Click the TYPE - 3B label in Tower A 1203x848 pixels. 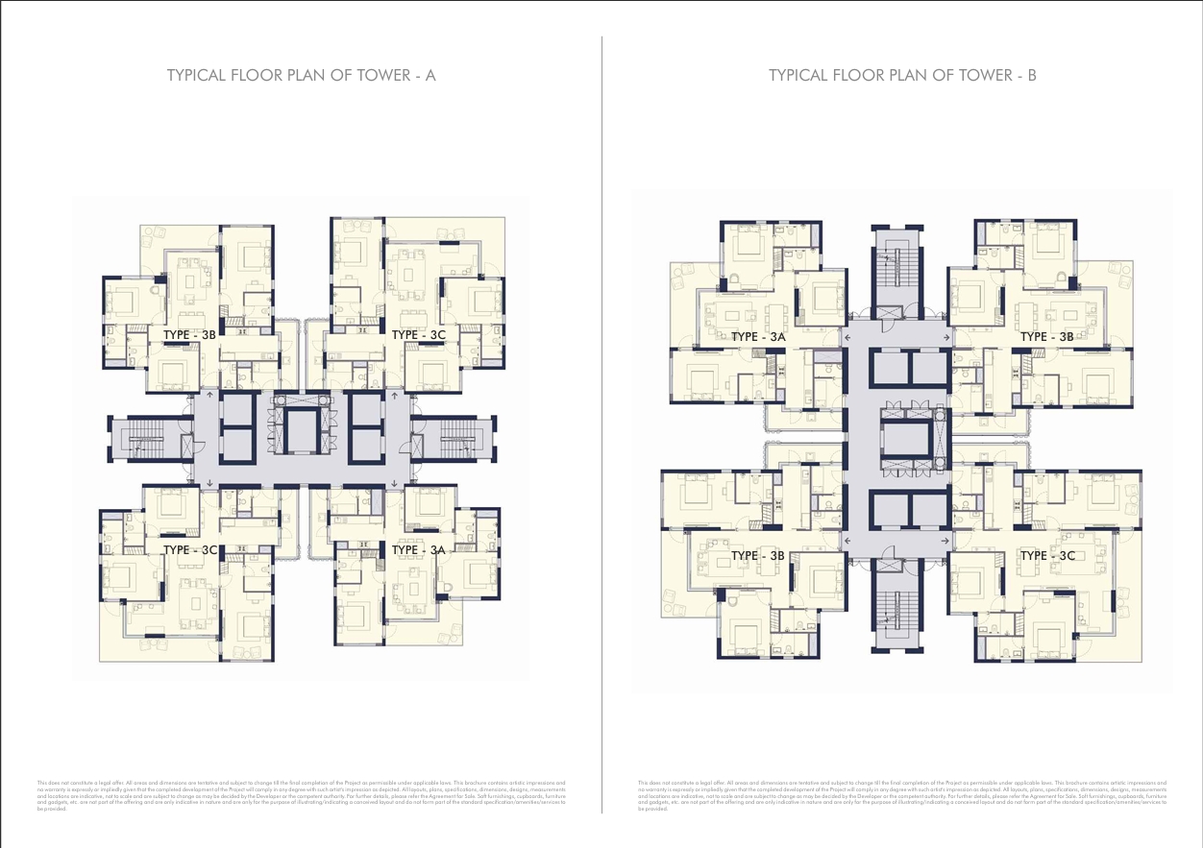pos(189,334)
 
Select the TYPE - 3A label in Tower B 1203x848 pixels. pos(758,337)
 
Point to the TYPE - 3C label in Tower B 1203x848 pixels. pos(1046,556)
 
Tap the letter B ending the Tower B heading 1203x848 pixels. pos(1032,76)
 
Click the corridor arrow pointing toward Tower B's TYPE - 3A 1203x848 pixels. pos(847,338)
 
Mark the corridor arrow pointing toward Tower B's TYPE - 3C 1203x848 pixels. pos(947,543)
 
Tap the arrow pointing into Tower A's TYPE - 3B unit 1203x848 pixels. pos(210,394)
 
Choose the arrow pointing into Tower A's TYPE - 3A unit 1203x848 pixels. pos(393,483)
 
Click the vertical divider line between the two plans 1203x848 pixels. pos(601,423)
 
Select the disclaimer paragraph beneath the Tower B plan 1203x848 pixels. pos(901,795)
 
